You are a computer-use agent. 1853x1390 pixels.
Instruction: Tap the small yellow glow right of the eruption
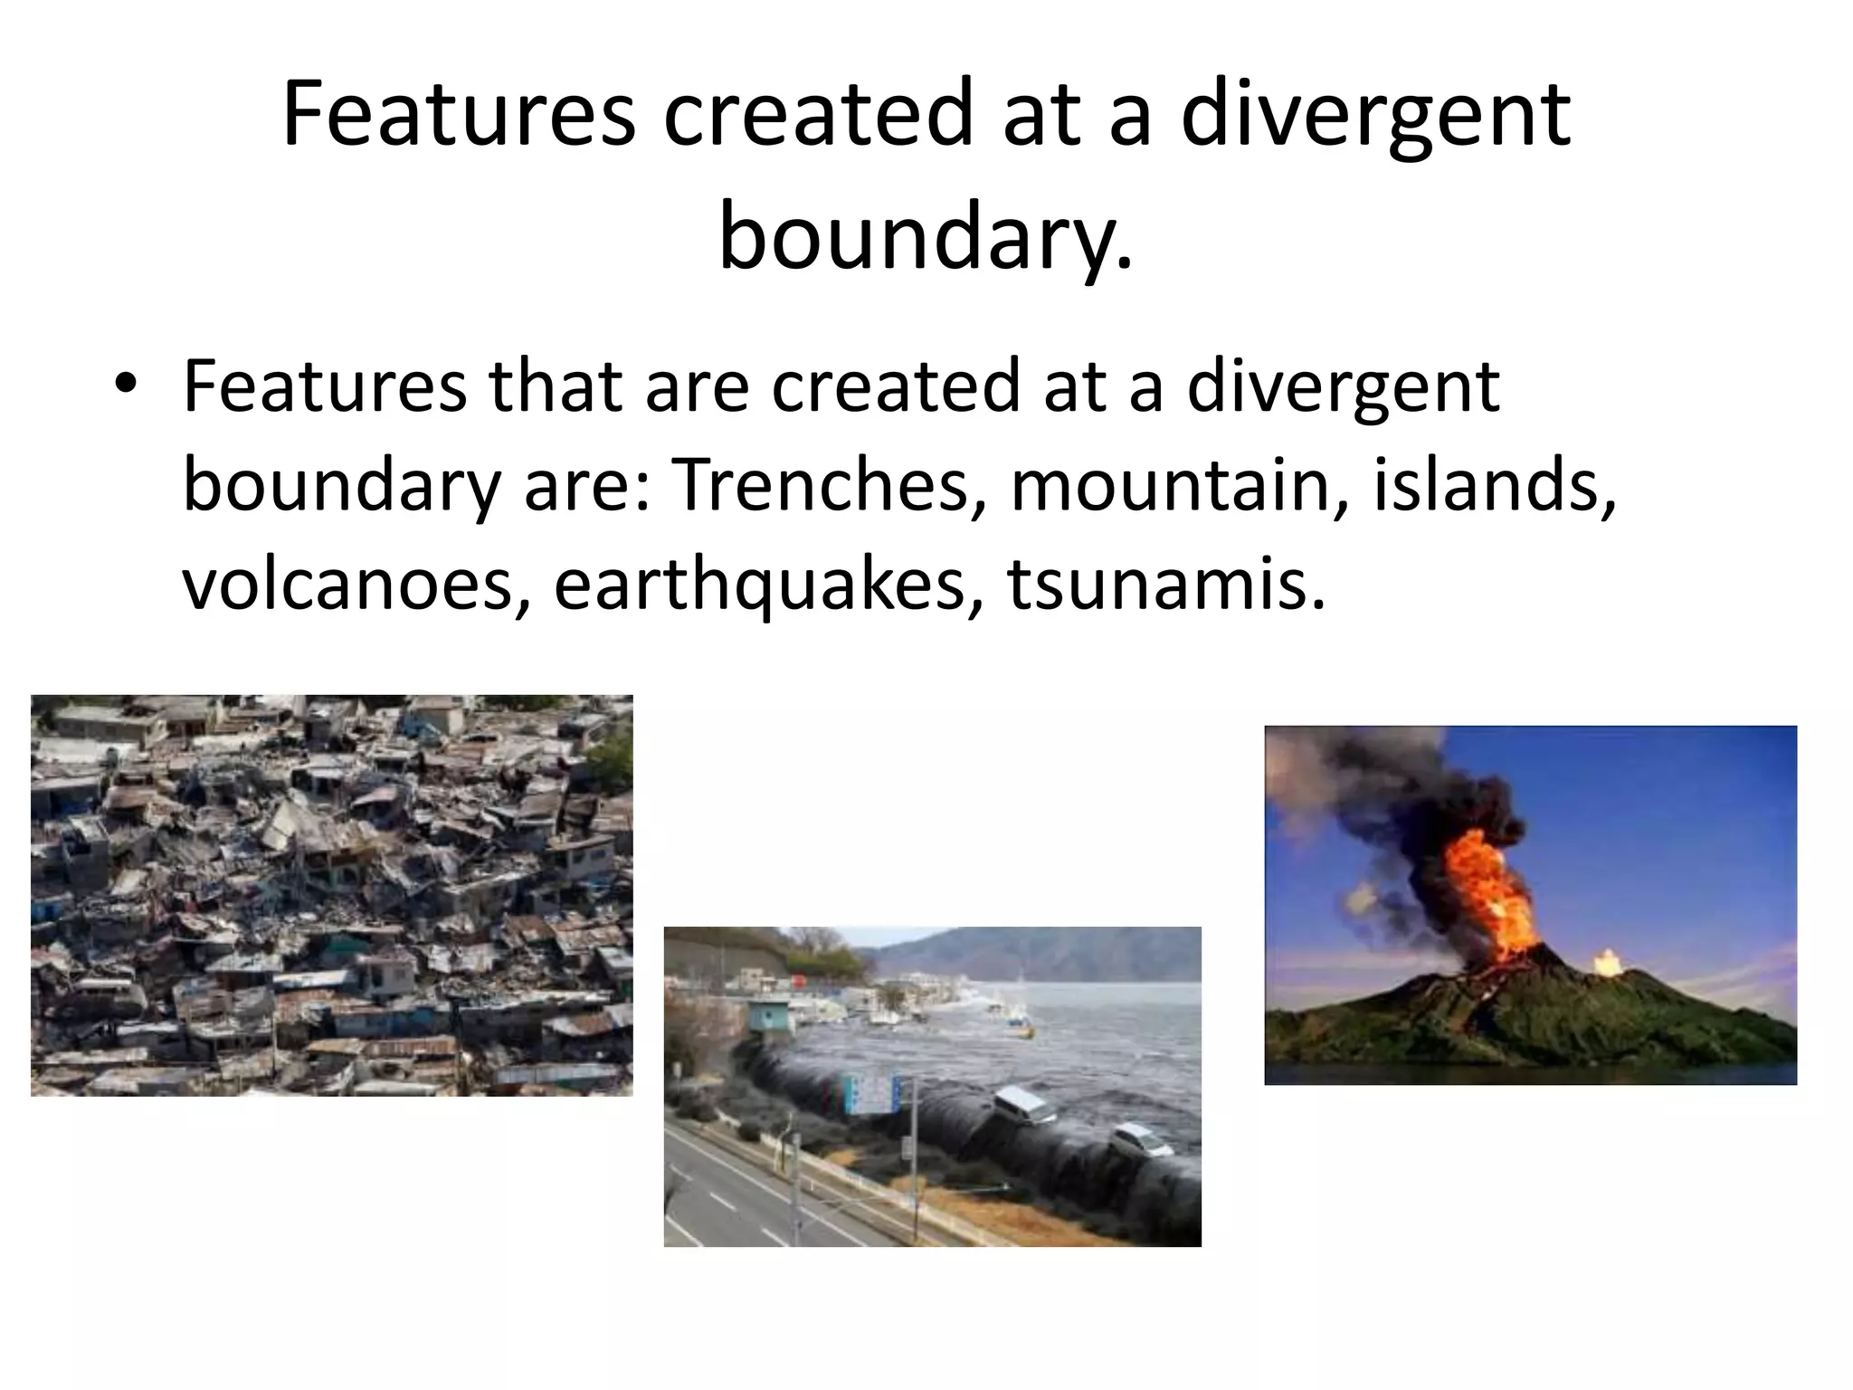(x=1606, y=961)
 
